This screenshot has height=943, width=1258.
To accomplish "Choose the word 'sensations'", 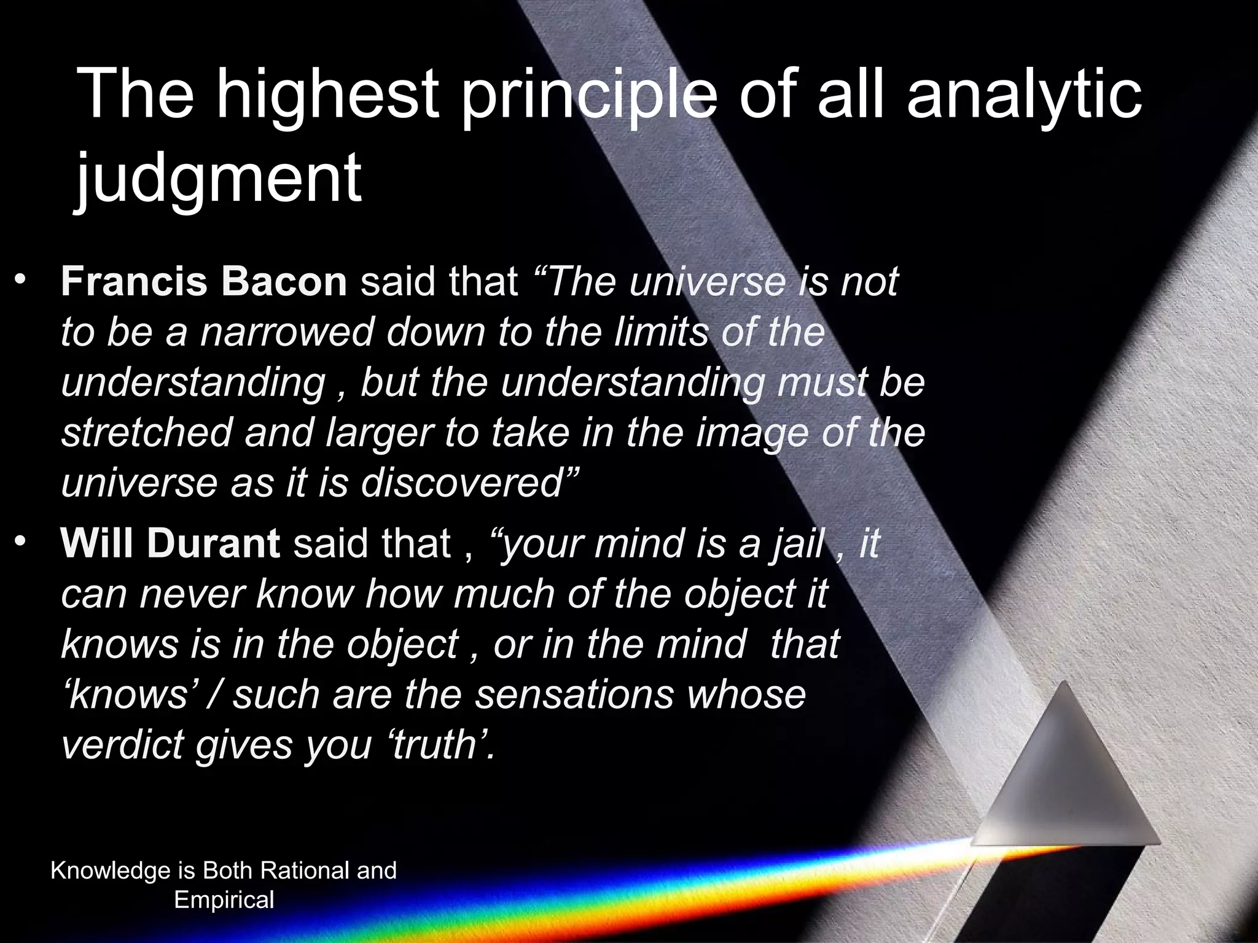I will tap(574, 694).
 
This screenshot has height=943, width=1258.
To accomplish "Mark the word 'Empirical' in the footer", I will tap(224, 900).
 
